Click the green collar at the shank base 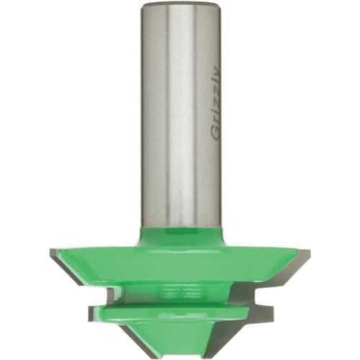[x=179, y=234]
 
